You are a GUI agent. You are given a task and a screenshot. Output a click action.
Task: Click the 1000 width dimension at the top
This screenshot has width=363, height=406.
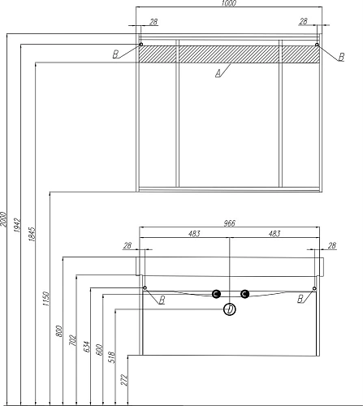tap(229, 3)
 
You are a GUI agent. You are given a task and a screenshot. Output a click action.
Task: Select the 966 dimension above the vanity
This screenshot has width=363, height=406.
tap(230, 223)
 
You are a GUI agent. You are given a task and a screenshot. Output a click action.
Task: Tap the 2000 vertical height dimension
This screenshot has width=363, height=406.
tap(3, 218)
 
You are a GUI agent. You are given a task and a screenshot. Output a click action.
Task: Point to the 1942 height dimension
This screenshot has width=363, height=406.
tap(17, 225)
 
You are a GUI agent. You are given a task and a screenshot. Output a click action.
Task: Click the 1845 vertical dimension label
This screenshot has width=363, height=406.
tap(32, 234)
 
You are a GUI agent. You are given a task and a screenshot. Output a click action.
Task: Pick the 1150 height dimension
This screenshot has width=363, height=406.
tap(46, 299)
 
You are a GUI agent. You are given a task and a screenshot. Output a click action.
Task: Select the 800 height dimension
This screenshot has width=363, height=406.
tap(59, 331)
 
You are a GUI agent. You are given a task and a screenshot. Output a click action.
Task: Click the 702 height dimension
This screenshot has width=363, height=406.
tap(72, 340)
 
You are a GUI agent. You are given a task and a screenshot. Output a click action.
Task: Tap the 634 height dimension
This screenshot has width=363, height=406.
tap(86, 347)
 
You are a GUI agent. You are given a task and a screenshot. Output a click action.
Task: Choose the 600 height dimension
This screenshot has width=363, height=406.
tap(99, 350)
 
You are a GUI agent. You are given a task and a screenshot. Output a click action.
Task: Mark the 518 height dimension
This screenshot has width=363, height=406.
tap(112, 357)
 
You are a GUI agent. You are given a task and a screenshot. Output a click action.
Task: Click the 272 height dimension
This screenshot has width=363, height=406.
tap(124, 380)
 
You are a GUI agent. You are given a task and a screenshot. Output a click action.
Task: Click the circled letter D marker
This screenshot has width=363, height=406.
tap(230, 309)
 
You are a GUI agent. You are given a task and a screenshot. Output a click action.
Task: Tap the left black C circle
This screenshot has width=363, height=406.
tap(216, 294)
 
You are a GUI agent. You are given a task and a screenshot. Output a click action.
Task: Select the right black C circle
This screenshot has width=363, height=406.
tap(244, 294)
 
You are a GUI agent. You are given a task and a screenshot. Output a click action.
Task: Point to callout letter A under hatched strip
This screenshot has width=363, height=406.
tap(218, 73)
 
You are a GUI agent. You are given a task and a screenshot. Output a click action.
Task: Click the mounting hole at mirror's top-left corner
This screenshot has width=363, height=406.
tap(140, 44)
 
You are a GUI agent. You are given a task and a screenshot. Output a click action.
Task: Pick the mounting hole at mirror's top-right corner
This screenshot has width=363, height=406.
tap(317, 45)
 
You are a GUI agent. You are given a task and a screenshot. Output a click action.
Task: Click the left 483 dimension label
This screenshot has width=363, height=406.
tap(194, 233)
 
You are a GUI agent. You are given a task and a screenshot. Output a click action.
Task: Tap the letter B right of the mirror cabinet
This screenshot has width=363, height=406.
tap(341, 57)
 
